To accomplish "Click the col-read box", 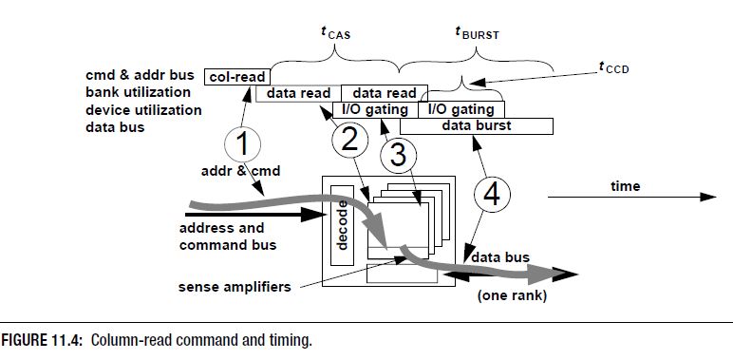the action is (x=237, y=77).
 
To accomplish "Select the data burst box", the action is (x=477, y=126).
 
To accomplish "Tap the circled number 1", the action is (x=243, y=145).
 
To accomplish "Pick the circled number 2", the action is (x=350, y=140).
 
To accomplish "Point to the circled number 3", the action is (x=398, y=156).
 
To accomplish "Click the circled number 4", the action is (x=492, y=195).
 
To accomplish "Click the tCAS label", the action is (x=336, y=33).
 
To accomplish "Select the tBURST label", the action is (x=477, y=33).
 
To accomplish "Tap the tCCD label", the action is (x=613, y=68).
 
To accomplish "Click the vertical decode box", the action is (x=342, y=225).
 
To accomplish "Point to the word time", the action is (x=625, y=186).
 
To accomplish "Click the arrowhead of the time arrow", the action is (x=708, y=197).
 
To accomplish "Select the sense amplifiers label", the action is (x=235, y=287).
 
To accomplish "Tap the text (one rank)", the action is (x=512, y=296).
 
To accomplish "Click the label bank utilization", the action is (x=138, y=92).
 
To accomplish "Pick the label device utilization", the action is (x=143, y=110).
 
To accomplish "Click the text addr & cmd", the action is (x=241, y=171).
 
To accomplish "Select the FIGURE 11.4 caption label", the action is (x=42, y=340).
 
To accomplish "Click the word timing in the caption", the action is (x=292, y=341).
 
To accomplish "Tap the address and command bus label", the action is (x=228, y=237).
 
